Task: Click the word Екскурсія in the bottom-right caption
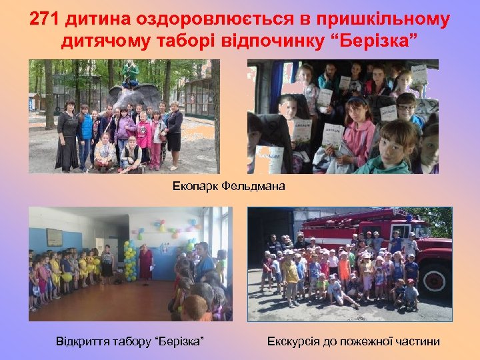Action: tap(294, 342)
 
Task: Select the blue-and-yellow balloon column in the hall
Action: tap(129, 260)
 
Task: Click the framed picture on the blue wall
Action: tap(54, 237)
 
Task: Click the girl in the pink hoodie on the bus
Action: tap(358, 133)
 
